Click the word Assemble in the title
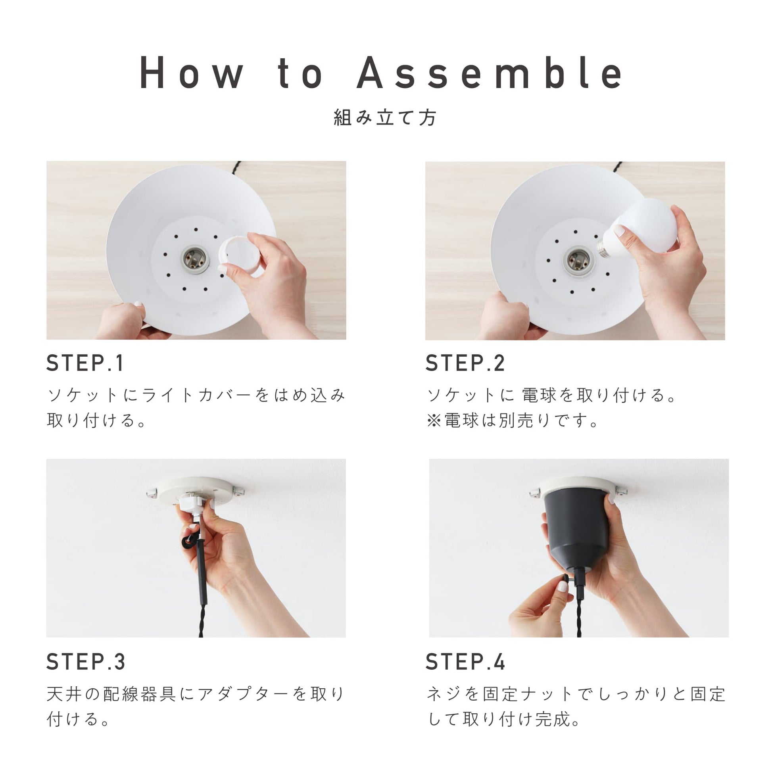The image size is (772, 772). point(490,73)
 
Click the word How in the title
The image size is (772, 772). point(191,73)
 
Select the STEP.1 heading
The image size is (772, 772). point(85,363)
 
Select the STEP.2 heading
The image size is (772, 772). point(465,363)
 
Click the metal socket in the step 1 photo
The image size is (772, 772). point(196,260)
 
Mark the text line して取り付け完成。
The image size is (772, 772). point(503,719)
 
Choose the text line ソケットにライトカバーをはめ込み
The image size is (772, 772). point(196,395)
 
